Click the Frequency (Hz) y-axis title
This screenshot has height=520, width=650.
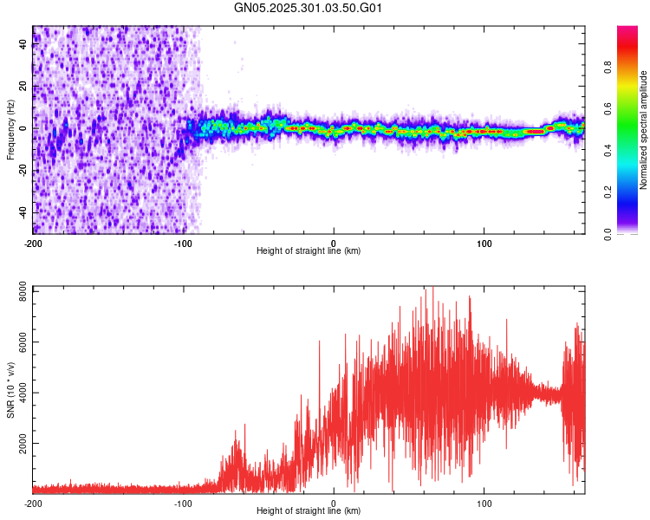pos(10,130)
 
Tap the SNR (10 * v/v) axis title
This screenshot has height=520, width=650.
pos(10,390)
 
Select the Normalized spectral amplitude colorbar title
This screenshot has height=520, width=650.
pos(643,130)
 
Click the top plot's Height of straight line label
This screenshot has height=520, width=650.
pos(309,250)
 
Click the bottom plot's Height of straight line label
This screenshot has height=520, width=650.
pos(309,510)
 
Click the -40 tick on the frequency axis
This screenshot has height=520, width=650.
pos(23,211)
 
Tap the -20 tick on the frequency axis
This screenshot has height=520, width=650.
pos(23,170)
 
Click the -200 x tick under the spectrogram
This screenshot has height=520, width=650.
pos(33,242)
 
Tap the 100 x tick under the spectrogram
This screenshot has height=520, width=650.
pos(484,242)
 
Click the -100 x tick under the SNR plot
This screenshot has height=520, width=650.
pos(183,502)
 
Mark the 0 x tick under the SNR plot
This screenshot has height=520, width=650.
pos(334,502)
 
